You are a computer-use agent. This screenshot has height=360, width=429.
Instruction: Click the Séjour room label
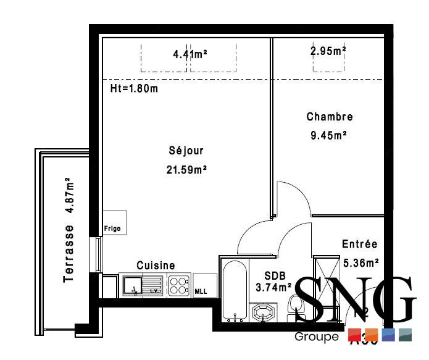[x=185, y=151]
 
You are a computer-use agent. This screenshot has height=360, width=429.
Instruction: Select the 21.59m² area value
[x=185, y=169]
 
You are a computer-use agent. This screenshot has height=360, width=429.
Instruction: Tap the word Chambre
[x=330, y=117]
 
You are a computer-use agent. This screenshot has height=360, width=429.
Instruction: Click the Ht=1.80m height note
[x=134, y=88]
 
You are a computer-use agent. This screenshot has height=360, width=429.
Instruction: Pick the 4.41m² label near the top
[x=190, y=54]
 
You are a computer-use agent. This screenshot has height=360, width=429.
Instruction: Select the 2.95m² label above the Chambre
[x=328, y=51]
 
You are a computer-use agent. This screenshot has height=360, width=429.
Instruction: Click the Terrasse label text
[x=69, y=254]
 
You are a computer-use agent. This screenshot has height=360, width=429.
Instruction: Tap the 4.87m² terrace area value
[x=70, y=195]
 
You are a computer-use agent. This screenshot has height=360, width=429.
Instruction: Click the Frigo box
[x=115, y=222]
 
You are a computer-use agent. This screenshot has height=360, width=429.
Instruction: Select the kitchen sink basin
[x=132, y=285]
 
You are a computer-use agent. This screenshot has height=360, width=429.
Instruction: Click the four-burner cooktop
[x=179, y=286]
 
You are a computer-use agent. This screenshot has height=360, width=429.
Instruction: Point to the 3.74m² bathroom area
[x=273, y=287]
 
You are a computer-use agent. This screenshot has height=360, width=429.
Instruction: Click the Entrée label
[x=359, y=245]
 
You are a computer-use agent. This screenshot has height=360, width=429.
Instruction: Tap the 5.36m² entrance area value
[x=360, y=262]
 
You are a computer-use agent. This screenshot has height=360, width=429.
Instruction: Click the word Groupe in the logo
[x=317, y=337]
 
